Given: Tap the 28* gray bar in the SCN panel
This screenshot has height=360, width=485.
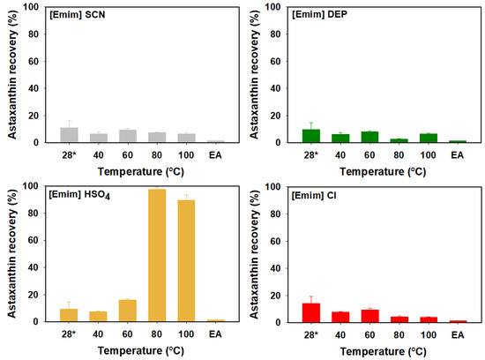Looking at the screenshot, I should pos(69,135).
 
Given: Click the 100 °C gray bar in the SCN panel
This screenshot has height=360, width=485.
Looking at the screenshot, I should pos(185,138).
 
